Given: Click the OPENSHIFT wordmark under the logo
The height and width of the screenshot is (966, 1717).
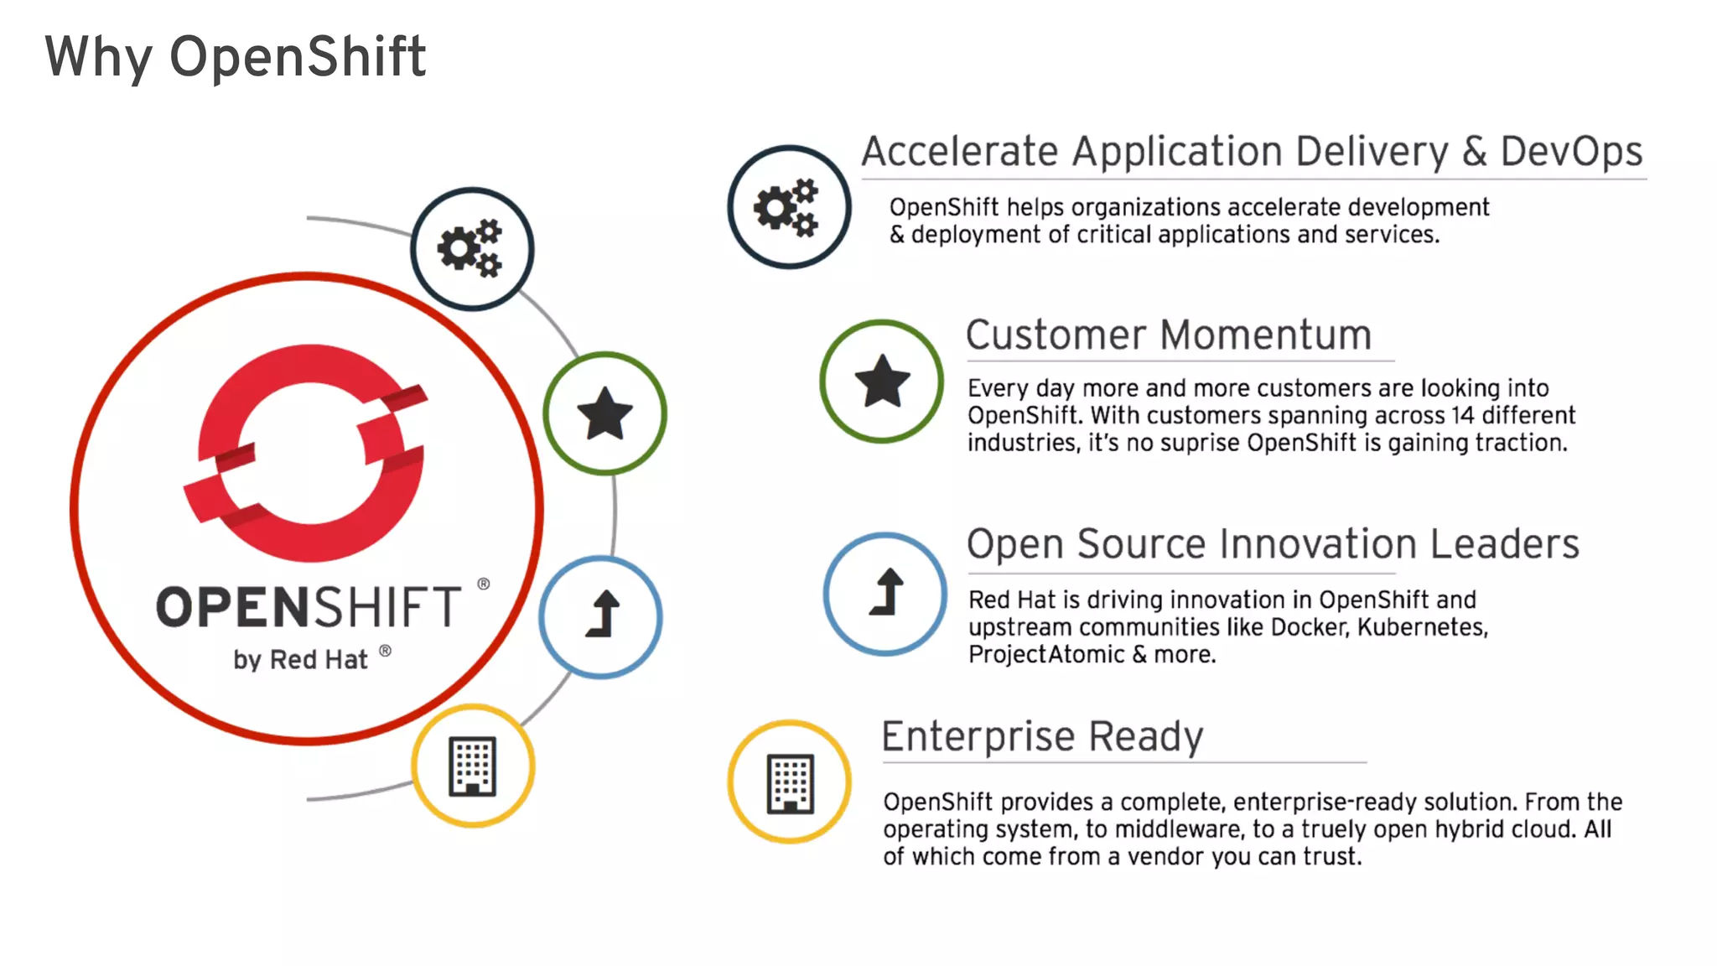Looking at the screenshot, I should pyautogui.click(x=309, y=607).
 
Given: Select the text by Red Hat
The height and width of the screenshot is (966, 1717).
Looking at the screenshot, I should pyautogui.click(x=300, y=660).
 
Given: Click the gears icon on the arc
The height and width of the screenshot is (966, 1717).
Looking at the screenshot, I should pyautogui.click(x=471, y=249).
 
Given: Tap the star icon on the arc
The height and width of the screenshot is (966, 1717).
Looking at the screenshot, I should pyautogui.click(x=604, y=413).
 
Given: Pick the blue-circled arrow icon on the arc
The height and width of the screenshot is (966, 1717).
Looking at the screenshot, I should pyautogui.click(x=601, y=616).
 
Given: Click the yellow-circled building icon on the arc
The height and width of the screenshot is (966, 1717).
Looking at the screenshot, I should pyautogui.click(x=473, y=766).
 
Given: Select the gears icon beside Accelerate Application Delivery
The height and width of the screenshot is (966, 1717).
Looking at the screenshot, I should pyautogui.click(x=788, y=207).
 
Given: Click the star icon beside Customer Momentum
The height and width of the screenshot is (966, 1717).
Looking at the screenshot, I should pyautogui.click(x=881, y=382).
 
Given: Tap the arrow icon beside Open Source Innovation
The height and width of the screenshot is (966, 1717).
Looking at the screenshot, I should pyautogui.click(x=884, y=594).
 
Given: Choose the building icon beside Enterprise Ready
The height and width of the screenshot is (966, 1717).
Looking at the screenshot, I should pyautogui.click(x=789, y=782).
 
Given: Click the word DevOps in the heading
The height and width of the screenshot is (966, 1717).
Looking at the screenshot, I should pyautogui.click(x=1570, y=152).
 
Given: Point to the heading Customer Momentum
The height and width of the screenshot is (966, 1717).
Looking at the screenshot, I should pyautogui.click(x=1168, y=335).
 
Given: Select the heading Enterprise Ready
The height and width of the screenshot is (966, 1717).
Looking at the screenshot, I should pyautogui.click(x=1042, y=736).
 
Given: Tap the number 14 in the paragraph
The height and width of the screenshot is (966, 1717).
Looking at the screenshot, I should pyautogui.click(x=1462, y=416).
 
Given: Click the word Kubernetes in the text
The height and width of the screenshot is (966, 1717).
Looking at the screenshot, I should pyautogui.click(x=1421, y=627).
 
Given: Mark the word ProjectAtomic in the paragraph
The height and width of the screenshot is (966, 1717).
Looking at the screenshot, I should pyautogui.click(x=1045, y=655).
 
